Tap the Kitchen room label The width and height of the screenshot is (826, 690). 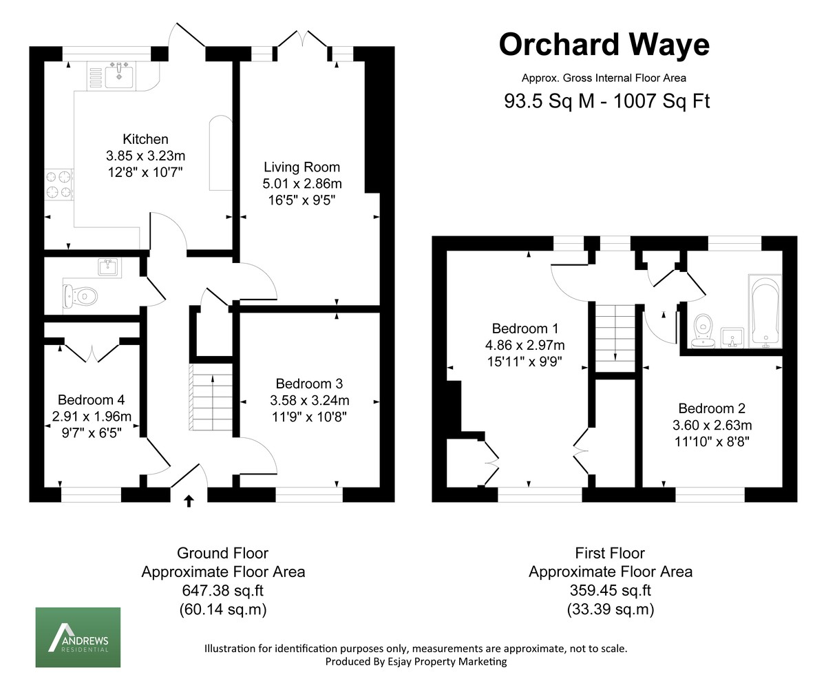click(x=145, y=139)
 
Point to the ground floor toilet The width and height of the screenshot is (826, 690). click(x=80, y=295)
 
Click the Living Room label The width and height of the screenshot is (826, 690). click(x=302, y=167)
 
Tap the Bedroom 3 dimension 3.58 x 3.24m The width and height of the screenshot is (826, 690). click(x=309, y=400)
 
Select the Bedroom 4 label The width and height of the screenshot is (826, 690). click(x=92, y=400)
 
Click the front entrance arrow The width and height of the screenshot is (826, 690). click(x=189, y=501)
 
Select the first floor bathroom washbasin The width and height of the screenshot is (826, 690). click(x=732, y=337)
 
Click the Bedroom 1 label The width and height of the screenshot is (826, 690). click(x=525, y=328)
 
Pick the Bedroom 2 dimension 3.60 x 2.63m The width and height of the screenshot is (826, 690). click(x=712, y=425)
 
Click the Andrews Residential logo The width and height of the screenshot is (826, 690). click(x=78, y=637)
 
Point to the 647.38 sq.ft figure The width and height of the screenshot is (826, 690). click(x=222, y=590)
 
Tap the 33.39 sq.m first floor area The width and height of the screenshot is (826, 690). click(x=611, y=609)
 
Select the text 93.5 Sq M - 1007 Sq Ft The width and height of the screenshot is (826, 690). click(x=607, y=101)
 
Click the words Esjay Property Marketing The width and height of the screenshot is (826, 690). click(x=445, y=662)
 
